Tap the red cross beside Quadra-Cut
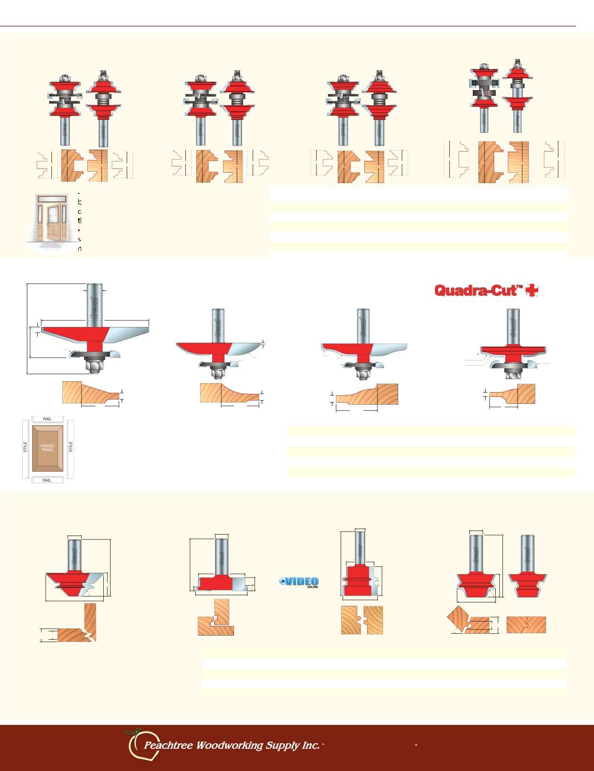[532, 291]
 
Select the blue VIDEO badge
[300, 581]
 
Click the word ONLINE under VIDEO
[312, 587]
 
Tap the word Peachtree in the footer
[168, 746]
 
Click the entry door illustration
[50, 222]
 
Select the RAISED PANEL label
[48, 448]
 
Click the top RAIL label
[47, 419]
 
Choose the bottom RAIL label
[47, 480]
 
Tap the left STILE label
[25, 447]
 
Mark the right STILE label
[71, 447]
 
